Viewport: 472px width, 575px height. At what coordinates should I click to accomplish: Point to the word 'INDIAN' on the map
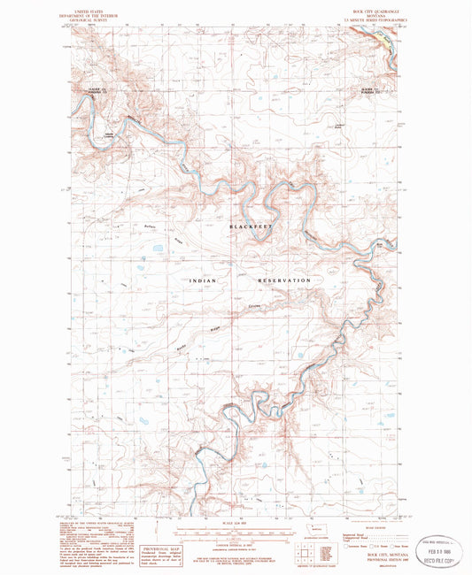(203, 280)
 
